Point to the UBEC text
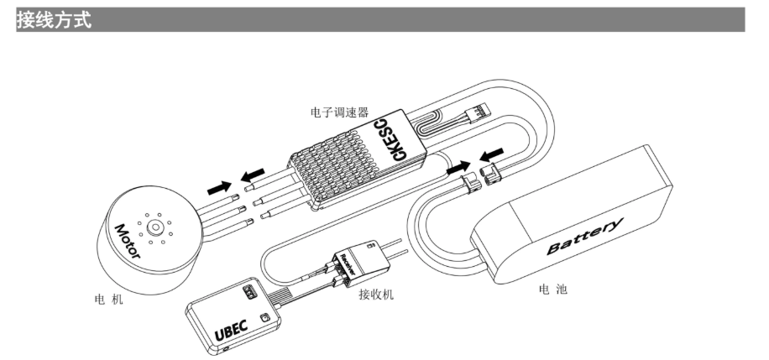pos(233,331)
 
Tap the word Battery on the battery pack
pos(586,237)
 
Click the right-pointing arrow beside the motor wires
pos(219,185)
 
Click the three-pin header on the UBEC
pos(248,292)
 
